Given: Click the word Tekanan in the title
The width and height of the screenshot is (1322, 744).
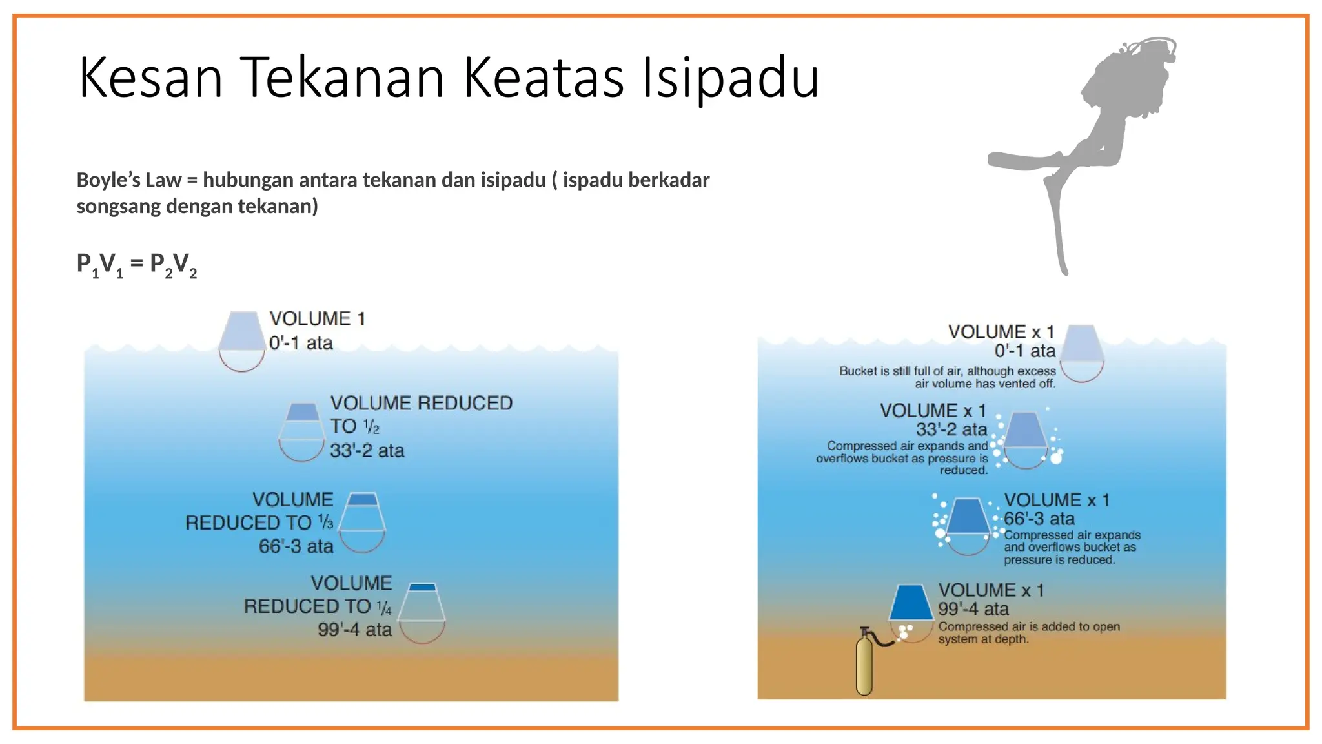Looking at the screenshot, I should coord(342,77).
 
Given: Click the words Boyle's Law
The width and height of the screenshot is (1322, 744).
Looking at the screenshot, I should coord(128,180).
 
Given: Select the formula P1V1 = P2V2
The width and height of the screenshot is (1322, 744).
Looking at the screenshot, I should coord(136,264).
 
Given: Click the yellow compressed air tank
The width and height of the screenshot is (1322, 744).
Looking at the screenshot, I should coord(864,665).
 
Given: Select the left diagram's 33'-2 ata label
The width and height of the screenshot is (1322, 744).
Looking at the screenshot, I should coord(367,451).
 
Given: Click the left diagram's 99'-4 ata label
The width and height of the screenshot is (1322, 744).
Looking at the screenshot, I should coord(354,630).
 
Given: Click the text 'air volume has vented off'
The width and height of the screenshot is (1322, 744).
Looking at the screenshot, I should coord(984,384).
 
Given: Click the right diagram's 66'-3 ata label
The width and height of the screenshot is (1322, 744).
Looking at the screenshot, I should coord(1039,519).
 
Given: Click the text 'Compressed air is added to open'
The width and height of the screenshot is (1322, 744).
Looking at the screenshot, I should coord(1029,626).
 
